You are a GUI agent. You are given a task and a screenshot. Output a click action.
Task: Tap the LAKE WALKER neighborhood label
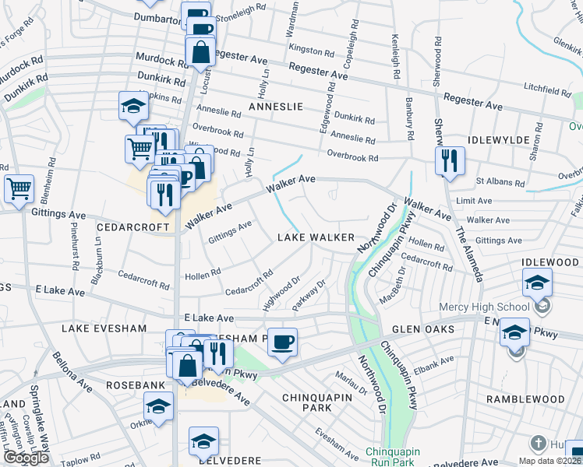click(x=316, y=237)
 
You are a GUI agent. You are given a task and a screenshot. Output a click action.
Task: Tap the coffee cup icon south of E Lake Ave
click(x=282, y=342)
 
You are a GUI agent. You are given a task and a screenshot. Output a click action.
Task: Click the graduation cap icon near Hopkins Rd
click(x=133, y=106)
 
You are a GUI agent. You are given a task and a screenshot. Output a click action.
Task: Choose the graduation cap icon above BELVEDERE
click(x=203, y=441)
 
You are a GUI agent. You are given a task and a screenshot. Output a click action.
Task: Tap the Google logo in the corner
click(x=26, y=458)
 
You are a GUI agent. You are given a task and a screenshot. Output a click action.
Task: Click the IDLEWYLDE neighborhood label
click(x=499, y=140)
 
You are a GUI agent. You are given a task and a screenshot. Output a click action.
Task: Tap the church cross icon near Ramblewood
click(x=537, y=444)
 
